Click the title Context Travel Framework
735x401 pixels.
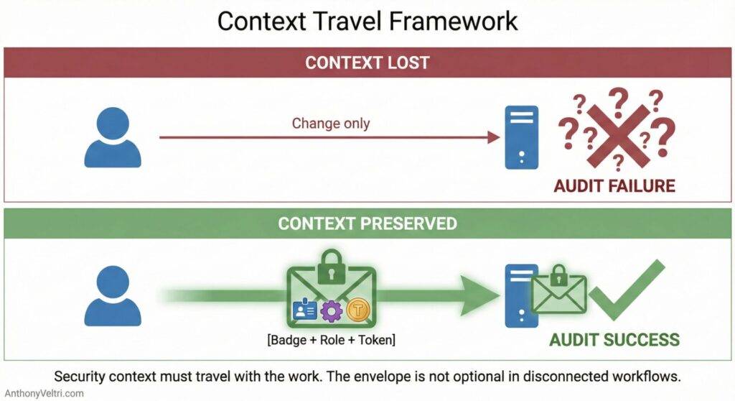click(x=367, y=21)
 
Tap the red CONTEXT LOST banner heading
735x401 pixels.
click(x=367, y=62)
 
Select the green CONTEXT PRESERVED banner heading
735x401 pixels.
click(x=367, y=223)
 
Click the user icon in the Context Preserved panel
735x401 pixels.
click(x=113, y=295)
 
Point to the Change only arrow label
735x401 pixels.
click(x=331, y=123)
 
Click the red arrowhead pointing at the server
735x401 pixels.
click(x=494, y=137)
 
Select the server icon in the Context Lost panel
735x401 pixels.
click(x=521, y=137)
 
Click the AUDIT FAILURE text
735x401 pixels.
click(x=614, y=186)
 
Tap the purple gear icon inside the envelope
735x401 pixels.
click(x=331, y=310)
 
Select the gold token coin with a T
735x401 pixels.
click(x=357, y=310)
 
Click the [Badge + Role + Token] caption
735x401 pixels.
click(x=331, y=339)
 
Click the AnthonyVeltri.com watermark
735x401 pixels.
click(x=42, y=393)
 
